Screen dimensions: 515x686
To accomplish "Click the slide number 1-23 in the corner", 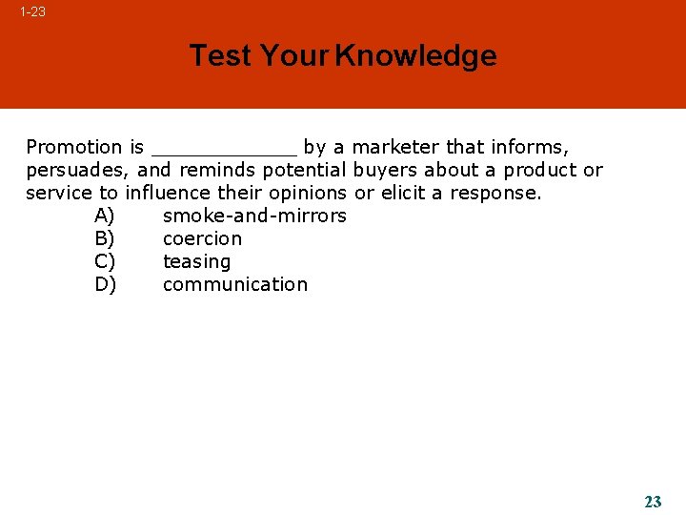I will pos(32,12).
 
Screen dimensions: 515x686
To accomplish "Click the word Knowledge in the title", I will pos(415,55).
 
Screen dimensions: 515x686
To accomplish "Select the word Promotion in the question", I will pos(74,147).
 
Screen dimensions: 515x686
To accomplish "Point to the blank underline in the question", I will pos(224,151).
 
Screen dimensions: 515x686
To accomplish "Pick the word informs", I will pos(529,147).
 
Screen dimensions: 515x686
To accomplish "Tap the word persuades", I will pos(78,171).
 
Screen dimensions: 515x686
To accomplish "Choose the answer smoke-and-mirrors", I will pos(254,216).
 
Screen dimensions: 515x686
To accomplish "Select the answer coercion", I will pos(202,238).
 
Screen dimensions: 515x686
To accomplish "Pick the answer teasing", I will pos(196,262).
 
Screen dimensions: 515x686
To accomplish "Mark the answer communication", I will pos(235,284).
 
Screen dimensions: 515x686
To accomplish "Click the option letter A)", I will pos(105,216).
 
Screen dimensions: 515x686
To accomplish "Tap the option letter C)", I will pos(105,261).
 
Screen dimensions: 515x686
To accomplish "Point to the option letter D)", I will pos(106,284).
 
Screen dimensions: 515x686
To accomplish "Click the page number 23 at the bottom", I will pos(653,502).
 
